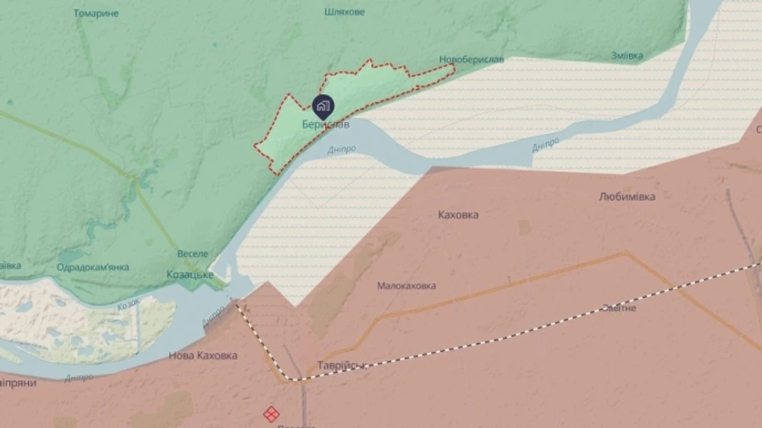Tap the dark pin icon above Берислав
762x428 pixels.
[x=323, y=107]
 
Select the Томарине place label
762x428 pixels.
[x=96, y=14]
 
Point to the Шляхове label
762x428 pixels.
[x=345, y=13]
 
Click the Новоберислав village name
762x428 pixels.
[x=472, y=59]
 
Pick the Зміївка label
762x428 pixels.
[x=627, y=56]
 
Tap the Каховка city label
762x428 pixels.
[x=458, y=214]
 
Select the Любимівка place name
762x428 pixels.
[x=627, y=197]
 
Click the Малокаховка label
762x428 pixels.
[x=406, y=286]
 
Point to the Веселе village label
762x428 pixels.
[x=192, y=253]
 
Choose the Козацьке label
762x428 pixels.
[x=189, y=275]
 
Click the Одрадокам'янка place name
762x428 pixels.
[x=92, y=267]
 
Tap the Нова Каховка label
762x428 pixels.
[x=202, y=355]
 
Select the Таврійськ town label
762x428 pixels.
[x=340, y=365]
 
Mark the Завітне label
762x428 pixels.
[x=618, y=308]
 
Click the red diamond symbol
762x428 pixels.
[x=271, y=414]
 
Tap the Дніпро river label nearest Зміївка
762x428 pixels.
[x=545, y=144]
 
